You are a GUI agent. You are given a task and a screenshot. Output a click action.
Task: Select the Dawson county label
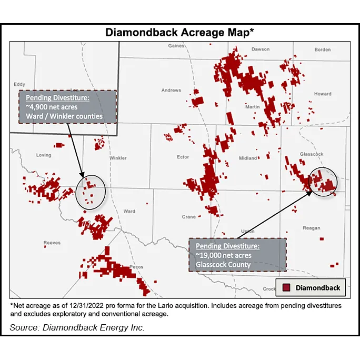[x=260, y=49]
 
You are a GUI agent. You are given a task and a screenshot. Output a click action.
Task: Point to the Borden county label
[x=323, y=49]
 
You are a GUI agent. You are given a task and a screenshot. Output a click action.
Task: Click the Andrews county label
[x=171, y=91]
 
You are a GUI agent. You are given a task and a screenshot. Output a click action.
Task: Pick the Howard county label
[x=323, y=94]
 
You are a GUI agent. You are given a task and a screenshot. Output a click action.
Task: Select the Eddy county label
[x=19, y=84]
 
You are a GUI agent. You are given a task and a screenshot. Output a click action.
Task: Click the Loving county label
[x=43, y=155]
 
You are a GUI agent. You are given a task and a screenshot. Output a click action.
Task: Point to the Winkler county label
[x=118, y=158]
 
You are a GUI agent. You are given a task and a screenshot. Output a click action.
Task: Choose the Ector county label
[x=183, y=157]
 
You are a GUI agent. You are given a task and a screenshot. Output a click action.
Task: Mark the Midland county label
[x=248, y=158]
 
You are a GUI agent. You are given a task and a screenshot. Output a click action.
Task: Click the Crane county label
[x=188, y=217]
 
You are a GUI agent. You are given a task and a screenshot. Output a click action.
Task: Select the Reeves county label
[x=52, y=243]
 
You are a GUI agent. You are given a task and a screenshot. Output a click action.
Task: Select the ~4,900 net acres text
[x=47, y=107]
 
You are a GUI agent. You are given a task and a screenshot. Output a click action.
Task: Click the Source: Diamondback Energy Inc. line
[x=77, y=328]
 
